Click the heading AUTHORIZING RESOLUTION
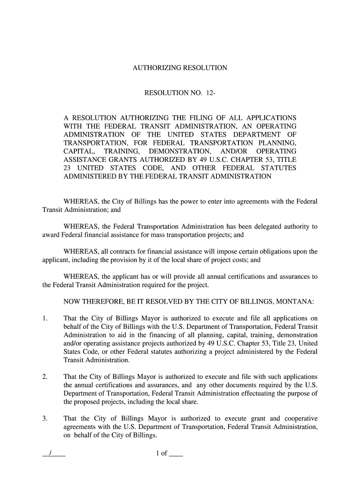coord(180,68)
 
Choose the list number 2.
coord(45,377)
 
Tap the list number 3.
coord(45,419)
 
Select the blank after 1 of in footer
coord(176,454)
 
